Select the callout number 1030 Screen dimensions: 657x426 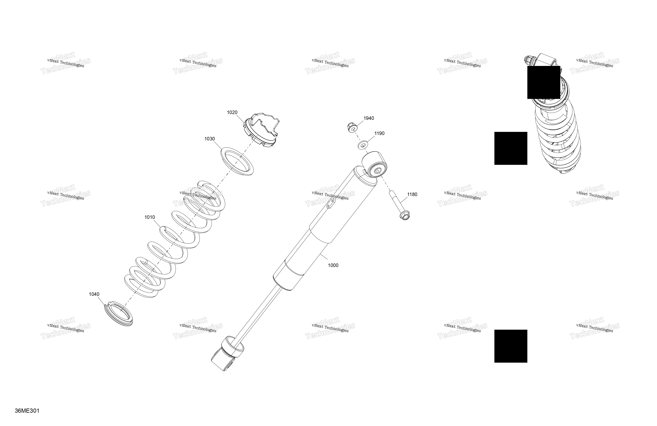click(209, 139)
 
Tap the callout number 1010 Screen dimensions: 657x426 click(150, 217)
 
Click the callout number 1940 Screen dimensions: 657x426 click(369, 118)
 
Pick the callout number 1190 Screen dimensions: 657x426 click(379, 133)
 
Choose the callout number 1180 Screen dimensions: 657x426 click(412, 194)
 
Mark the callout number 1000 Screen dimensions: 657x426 click(333, 265)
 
